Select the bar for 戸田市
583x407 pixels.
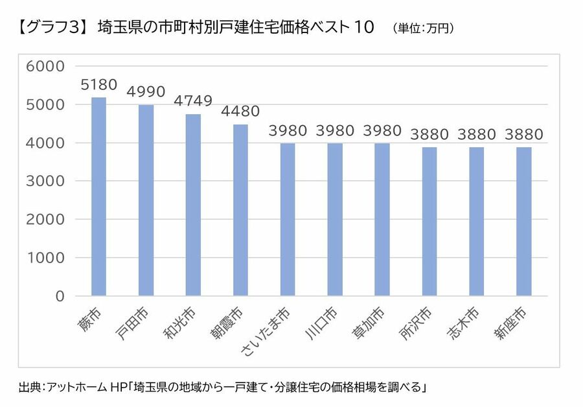pos(146,200)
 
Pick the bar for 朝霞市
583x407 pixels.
pos(240,210)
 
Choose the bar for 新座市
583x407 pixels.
pos(524,221)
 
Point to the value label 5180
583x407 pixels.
pos(98,85)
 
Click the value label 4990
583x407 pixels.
pos(146,92)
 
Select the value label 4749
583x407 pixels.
pos(193,101)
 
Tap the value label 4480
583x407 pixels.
pos(240,111)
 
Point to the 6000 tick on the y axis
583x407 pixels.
pos(45,66)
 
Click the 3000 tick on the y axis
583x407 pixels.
pos(45,181)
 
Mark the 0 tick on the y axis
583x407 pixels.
pos(60,296)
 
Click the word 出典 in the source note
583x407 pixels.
pos(30,388)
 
